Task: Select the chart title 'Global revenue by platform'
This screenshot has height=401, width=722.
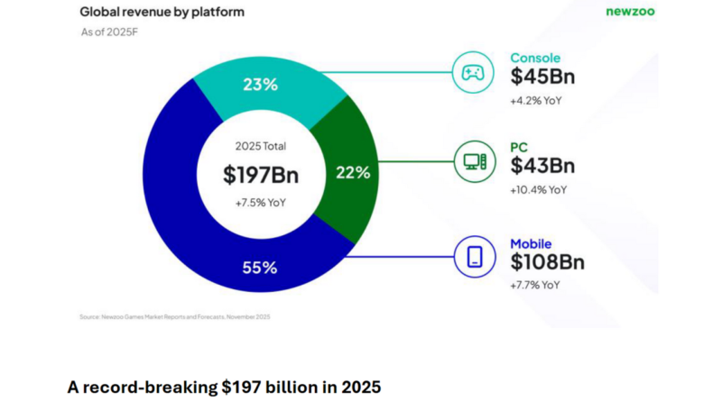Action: [162, 12]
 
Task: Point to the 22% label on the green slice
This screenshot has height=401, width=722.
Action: [353, 172]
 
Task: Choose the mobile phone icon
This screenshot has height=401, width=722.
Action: [474, 258]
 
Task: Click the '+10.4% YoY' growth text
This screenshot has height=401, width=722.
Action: [539, 189]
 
